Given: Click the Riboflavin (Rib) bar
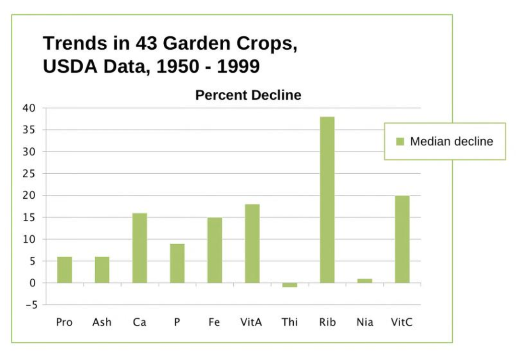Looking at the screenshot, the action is pos(327,199).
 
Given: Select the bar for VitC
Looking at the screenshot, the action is pos(402,239).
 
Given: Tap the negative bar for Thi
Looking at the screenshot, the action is pos(290,285).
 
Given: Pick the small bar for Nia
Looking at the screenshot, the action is pos(365,281).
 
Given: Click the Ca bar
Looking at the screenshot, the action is pos(140,248).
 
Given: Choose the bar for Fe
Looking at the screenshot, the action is pos(215,250).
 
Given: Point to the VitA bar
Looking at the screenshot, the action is pos(252,244).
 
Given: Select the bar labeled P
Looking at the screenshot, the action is pos(177,263).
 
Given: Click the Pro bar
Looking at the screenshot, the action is pos(64,269).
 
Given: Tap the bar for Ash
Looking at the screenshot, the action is pos(102,269).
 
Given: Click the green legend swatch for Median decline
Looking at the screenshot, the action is pos(400,141).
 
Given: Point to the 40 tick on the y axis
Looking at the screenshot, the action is pos(29,108).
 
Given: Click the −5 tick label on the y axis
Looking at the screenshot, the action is pos(32,305).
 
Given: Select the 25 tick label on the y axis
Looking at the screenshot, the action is pos(29,174).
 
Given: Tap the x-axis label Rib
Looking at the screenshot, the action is pos(328,322).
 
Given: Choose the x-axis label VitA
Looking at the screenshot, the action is pos(251,322).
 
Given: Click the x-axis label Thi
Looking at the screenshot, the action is pos(290,322).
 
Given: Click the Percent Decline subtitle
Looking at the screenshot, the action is pos(248,95).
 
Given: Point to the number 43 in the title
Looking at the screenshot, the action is pos(147,43).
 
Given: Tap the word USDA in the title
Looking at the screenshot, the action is pos(70,66).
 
